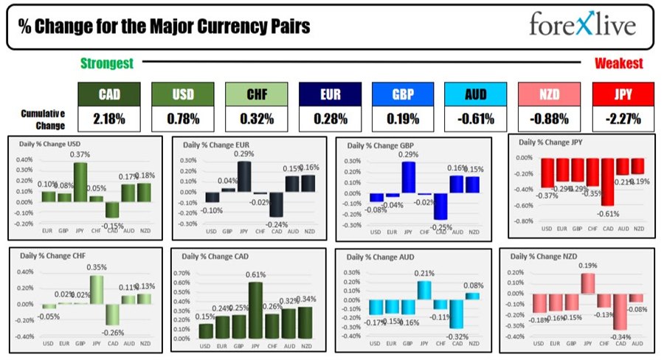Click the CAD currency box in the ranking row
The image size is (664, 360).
point(108,95)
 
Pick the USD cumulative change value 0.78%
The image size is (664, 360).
point(181,119)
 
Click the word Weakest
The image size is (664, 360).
point(618,63)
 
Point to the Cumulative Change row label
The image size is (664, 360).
point(42,118)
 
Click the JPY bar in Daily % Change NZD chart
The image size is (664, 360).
point(589,283)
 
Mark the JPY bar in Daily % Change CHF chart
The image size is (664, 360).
point(96,290)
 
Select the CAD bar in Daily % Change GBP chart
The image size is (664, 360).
point(441,207)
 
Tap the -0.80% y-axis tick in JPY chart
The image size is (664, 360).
point(522,221)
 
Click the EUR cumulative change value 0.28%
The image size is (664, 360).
point(329,119)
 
